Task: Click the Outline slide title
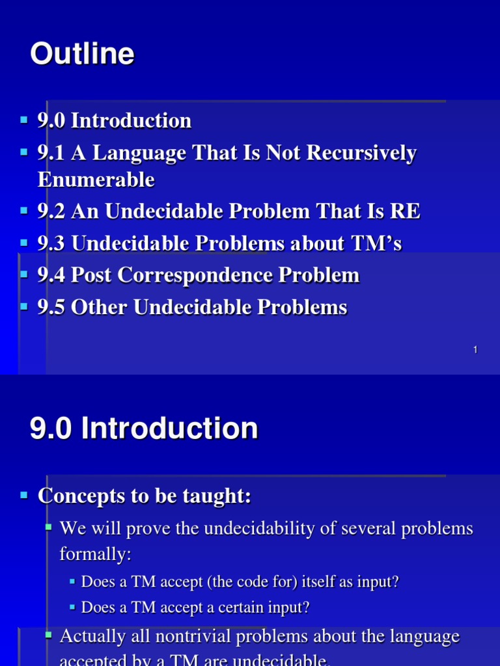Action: click(82, 55)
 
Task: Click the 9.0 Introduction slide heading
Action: click(144, 429)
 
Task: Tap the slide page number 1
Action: click(475, 350)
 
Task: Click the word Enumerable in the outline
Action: click(96, 180)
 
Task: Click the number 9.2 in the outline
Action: click(51, 211)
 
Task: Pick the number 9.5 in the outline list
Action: click(51, 307)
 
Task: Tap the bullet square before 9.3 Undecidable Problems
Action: click(24, 243)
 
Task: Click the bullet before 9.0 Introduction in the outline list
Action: click(24, 120)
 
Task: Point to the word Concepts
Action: click(77, 496)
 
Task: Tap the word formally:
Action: click(95, 554)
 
